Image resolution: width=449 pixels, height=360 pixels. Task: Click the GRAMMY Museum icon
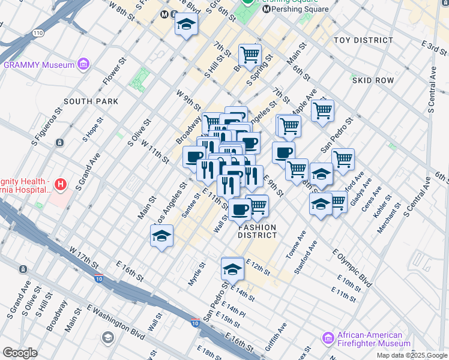click(x=83, y=64)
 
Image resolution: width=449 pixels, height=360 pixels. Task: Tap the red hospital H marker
click(x=59, y=184)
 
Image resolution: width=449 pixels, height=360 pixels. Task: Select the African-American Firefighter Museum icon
click(x=328, y=338)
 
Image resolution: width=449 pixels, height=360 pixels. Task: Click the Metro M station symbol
click(x=163, y=14)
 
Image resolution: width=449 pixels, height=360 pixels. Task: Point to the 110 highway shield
click(x=38, y=49)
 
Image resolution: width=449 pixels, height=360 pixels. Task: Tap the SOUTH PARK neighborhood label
click(x=91, y=101)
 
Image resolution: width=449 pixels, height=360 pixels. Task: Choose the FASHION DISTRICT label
click(x=257, y=232)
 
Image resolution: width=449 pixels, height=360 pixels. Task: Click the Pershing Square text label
click(x=300, y=9)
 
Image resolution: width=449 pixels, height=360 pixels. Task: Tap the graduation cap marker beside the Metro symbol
click(x=186, y=25)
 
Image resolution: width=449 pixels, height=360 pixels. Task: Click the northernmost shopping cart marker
click(x=250, y=55)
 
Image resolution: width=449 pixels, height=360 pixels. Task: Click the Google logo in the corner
click(x=20, y=353)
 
